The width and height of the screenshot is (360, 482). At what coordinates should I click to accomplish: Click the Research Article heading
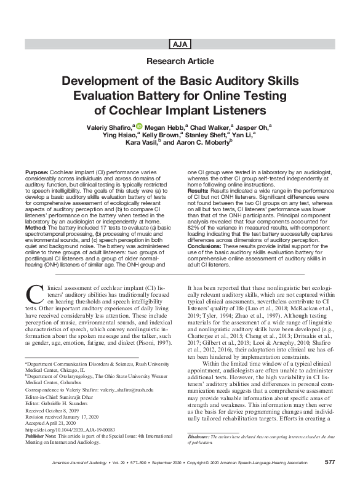point(180,61)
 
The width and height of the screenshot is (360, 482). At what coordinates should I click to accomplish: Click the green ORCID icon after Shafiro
point(138,127)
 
